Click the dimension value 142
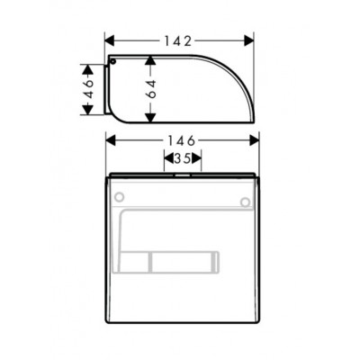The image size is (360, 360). [x=181, y=40]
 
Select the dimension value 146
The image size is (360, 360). [x=181, y=141]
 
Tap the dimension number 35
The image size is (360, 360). [x=182, y=157]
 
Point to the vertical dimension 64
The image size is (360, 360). [x=151, y=88]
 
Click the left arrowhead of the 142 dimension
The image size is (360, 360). [x=112, y=40]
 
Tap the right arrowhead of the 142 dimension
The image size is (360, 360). [x=251, y=40]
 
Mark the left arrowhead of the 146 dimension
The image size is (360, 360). [x=110, y=141]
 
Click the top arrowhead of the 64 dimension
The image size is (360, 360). [x=151, y=58]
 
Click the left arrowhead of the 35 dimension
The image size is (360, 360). [x=167, y=157]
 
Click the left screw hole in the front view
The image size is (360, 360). [x=119, y=197]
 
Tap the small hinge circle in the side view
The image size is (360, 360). [x=114, y=62]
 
